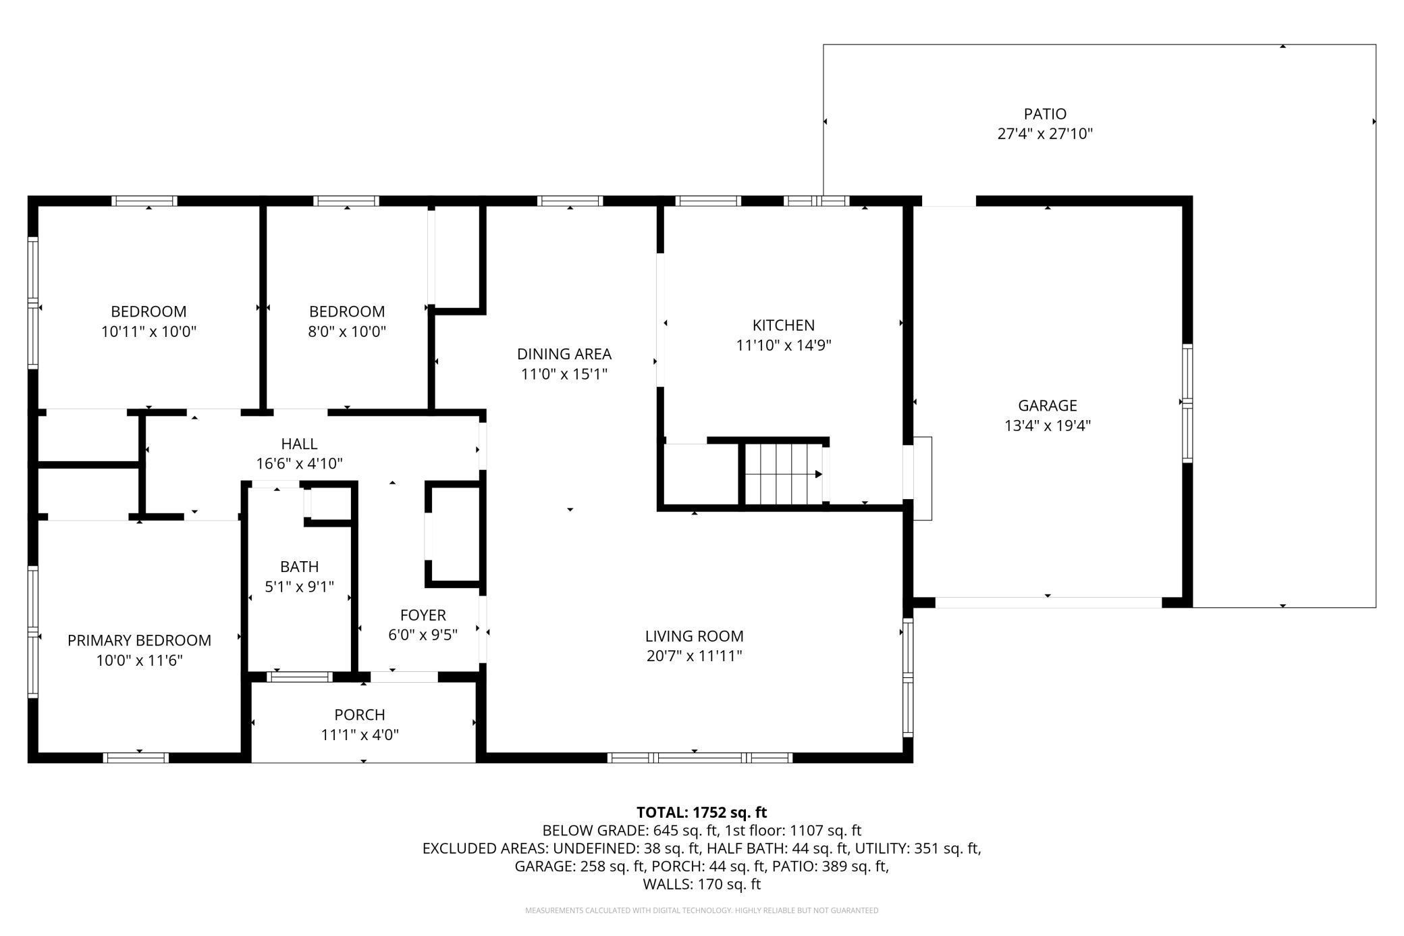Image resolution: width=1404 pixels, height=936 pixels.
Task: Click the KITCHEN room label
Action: point(783,325)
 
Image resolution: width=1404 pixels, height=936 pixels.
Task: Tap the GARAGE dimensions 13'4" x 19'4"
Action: point(1048,425)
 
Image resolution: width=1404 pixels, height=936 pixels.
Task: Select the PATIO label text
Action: point(1045,114)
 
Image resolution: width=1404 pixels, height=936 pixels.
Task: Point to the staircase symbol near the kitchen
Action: point(784,473)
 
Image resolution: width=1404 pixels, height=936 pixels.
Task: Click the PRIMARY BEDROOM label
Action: point(139,640)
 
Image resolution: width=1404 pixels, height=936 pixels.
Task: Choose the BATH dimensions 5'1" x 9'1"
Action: point(299,587)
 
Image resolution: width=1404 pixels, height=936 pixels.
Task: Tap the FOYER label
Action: point(423,615)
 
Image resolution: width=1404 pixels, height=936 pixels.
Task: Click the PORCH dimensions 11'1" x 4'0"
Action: point(360,735)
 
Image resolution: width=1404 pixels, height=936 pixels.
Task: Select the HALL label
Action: point(299,444)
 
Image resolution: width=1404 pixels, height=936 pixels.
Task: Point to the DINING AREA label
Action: point(564,354)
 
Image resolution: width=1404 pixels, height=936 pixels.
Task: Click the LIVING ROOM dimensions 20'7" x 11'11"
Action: point(695,656)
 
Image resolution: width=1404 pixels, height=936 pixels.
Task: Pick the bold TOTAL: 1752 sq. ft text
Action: point(702,812)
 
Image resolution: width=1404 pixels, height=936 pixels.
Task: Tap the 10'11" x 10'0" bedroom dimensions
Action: point(148,332)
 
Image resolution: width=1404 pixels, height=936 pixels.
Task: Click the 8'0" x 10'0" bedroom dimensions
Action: point(347,332)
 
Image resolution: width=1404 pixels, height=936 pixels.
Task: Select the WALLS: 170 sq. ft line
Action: point(702,884)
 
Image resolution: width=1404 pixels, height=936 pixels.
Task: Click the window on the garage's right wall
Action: point(1187,403)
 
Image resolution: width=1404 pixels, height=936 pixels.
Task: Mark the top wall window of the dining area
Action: point(570,201)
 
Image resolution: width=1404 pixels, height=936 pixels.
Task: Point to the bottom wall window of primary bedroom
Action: point(135,758)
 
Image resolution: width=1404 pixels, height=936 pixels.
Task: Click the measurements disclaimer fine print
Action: point(702,910)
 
